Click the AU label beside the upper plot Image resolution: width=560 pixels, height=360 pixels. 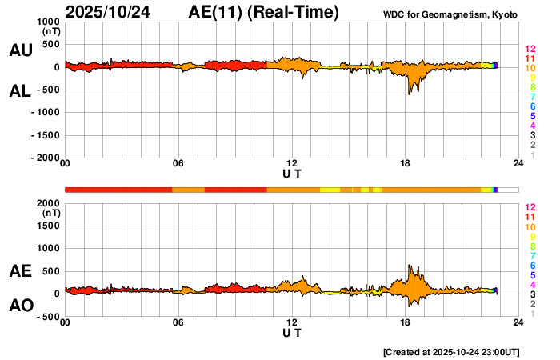point(20,50)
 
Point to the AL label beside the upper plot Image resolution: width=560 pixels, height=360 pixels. point(20,91)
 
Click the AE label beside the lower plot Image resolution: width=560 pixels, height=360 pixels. point(20,271)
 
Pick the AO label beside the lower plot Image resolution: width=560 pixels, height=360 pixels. point(20,306)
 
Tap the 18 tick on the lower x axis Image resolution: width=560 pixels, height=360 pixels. point(406,322)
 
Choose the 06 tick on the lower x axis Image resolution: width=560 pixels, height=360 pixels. point(178,322)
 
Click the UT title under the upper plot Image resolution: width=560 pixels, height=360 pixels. point(292,174)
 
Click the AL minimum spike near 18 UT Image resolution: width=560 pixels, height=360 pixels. point(409,94)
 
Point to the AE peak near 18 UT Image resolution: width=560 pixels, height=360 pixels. point(409,266)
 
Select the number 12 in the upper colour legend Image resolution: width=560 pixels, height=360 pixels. point(529,49)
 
